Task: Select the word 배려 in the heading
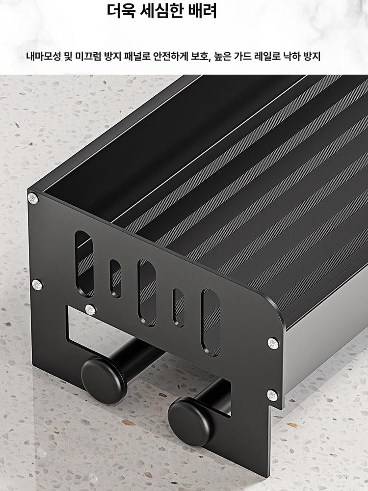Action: point(203,10)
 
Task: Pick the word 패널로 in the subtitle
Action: point(138,56)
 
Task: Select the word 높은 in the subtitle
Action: point(222,56)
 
